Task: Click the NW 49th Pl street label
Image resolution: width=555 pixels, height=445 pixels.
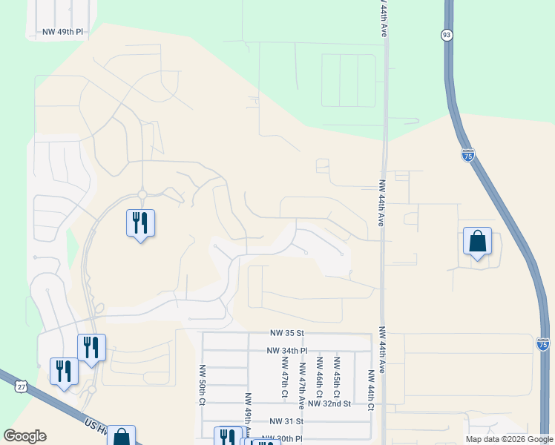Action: [x=63, y=33]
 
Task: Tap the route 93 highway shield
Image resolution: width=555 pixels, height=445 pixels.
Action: [x=447, y=35]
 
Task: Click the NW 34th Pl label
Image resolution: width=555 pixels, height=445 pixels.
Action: [x=287, y=351]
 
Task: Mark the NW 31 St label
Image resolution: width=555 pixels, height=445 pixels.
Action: [x=287, y=421]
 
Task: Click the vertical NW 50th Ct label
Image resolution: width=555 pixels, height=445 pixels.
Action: [x=202, y=384]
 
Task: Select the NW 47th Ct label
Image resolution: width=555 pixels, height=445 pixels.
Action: [x=283, y=375]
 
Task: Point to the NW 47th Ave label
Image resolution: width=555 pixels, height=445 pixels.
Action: [x=302, y=386]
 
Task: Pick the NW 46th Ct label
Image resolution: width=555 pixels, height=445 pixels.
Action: [x=319, y=375]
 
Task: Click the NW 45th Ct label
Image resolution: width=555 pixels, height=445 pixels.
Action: [x=337, y=375]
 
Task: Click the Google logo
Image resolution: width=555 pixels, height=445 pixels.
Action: [x=25, y=436]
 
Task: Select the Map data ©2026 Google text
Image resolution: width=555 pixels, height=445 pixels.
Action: [x=508, y=439]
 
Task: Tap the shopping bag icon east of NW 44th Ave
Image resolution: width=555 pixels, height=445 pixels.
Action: [x=477, y=242]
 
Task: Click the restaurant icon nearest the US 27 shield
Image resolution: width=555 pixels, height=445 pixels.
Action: [x=64, y=372]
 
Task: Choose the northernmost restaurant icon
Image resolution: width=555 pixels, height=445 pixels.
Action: [x=140, y=223]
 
